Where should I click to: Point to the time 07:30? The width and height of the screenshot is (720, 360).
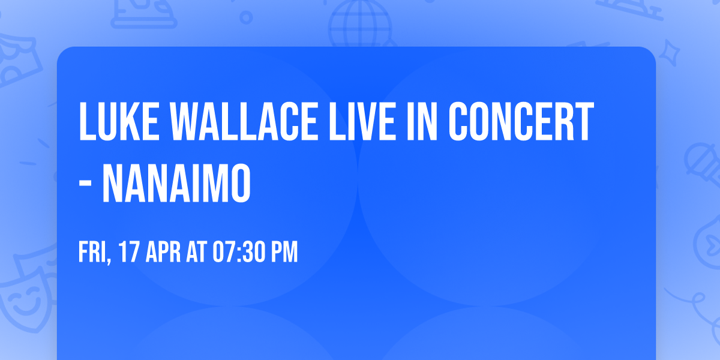pos(240,253)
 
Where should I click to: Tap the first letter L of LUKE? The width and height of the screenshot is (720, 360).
pos(86,122)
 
